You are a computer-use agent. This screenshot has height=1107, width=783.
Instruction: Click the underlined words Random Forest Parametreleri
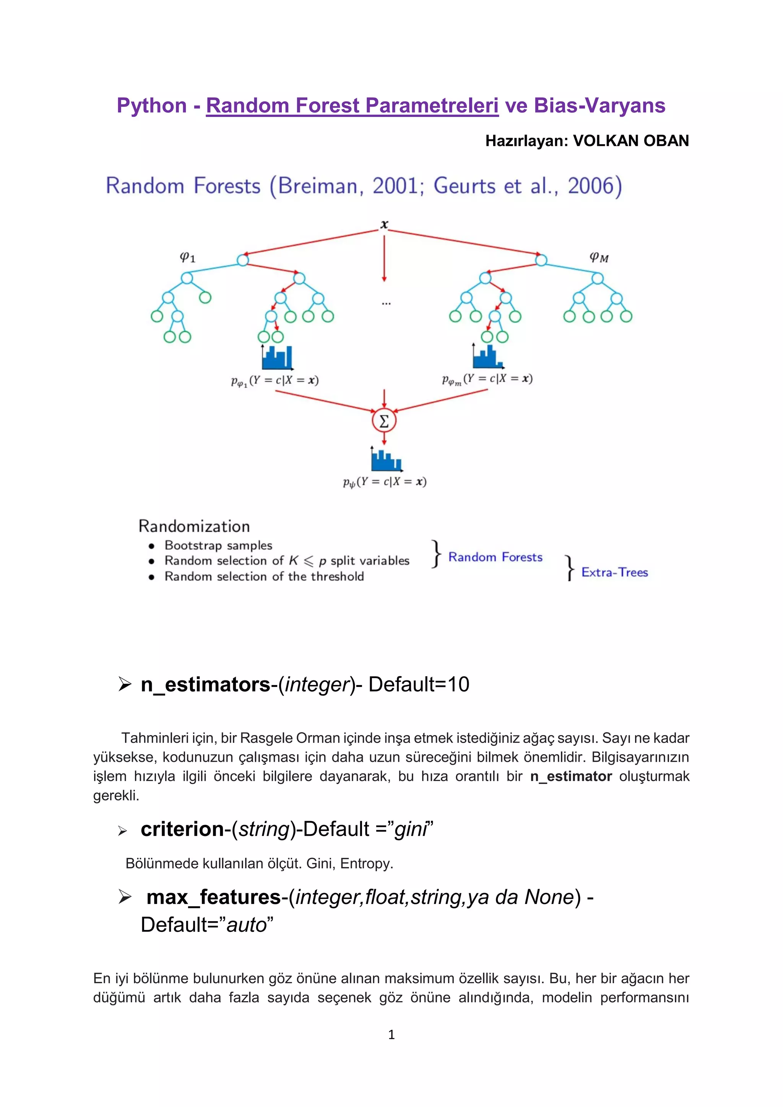pyautogui.click(x=352, y=106)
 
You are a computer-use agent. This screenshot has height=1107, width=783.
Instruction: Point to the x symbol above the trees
pyautogui.click(x=384, y=224)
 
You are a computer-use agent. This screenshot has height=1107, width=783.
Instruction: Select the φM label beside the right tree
pyautogui.click(x=599, y=258)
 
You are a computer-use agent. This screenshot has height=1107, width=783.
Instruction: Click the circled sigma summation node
pyautogui.click(x=384, y=421)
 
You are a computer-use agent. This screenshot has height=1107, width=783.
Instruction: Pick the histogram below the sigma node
pyautogui.click(x=386, y=459)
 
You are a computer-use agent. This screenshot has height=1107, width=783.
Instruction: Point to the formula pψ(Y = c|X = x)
pyautogui.click(x=385, y=482)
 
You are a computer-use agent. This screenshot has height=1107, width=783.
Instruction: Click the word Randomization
pyautogui.click(x=194, y=526)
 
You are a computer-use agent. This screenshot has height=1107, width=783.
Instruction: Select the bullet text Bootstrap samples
pyautogui.click(x=218, y=545)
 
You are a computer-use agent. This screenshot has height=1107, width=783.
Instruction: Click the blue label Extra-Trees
pyautogui.click(x=614, y=572)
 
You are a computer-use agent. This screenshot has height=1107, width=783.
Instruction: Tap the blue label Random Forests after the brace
pyautogui.click(x=495, y=557)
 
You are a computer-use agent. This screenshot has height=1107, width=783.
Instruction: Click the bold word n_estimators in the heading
pyautogui.click(x=205, y=685)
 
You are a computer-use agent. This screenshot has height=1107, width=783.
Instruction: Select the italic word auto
pyautogui.click(x=246, y=925)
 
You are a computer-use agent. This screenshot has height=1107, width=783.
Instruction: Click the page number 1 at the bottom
pyautogui.click(x=391, y=1035)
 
